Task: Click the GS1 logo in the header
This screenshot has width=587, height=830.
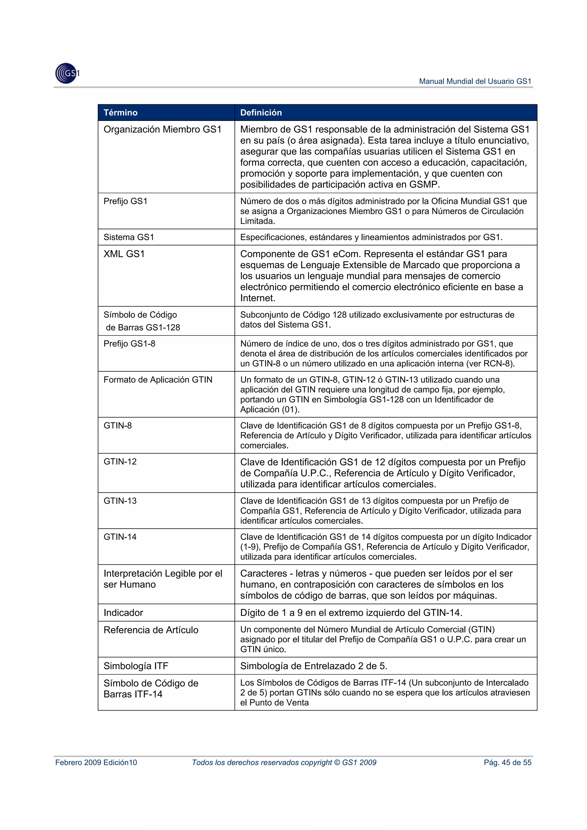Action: (x=67, y=73)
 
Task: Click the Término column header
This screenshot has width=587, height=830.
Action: (x=120, y=112)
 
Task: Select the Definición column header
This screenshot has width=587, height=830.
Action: (x=261, y=112)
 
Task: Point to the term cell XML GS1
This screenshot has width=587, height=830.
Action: (x=124, y=254)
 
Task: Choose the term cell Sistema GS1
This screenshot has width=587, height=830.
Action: (x=129, y=237)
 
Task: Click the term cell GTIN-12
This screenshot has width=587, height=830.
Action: (x=120, y=462)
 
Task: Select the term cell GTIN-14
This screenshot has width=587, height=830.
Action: (x=120, y=537)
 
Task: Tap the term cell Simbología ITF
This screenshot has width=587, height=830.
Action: (x=136, y=666)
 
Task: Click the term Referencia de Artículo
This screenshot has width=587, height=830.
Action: (x=151, y=630)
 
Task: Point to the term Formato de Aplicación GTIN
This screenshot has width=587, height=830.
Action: (x=158, y=380)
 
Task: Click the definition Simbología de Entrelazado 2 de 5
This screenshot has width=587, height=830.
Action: (x=314, y=666)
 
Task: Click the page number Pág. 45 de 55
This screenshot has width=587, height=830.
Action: (x=507, y=762)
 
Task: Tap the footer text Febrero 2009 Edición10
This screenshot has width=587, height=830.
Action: (x=96, y=762)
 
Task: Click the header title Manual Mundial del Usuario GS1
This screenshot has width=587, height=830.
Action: (x=475, y=81)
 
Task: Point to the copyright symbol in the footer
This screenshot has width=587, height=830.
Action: (x=337, y=762)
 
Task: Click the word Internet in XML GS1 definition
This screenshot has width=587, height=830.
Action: (x=257, y=298)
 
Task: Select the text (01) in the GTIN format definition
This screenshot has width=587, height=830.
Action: (x=290, y=410)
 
